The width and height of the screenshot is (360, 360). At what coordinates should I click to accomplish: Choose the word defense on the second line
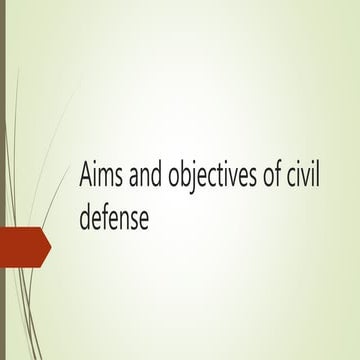pyautogui.click(x=114, y=217)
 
